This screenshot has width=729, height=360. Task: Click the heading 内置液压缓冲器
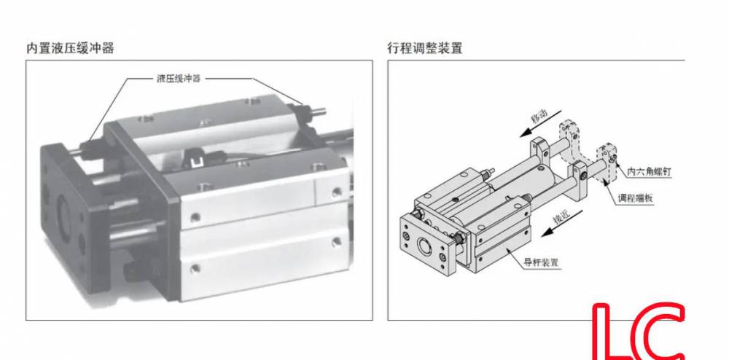(x=70, y=49)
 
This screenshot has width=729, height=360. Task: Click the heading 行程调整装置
(x=424, y=49)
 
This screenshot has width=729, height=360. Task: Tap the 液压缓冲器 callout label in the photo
(x=178, y=79)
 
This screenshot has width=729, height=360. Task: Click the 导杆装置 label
(x=540, y=262)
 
